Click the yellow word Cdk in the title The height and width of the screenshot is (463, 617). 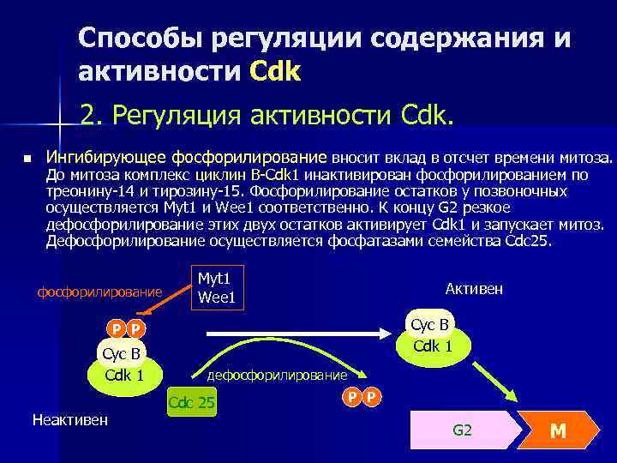(x=275, y=71)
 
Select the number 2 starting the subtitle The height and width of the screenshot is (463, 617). (x=87, y=114)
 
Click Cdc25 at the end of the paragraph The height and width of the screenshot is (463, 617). (x=531, y=241)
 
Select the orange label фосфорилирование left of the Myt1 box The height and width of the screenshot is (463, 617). (x=99, y=292)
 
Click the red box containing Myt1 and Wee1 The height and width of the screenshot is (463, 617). (x=217, y=287)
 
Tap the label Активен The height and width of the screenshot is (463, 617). (x=474, y=290)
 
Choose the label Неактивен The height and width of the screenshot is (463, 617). (x=69, y=419)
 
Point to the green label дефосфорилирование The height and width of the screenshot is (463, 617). (x=279, y=376)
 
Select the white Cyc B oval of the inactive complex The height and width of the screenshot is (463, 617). (x=121, y=353)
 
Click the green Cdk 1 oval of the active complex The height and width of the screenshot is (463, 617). (x=433, y=349)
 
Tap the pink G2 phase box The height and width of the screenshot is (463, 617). (x=463, y=430)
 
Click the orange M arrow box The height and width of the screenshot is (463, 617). (x=560, y=430)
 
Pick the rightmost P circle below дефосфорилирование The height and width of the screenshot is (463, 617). (x=371, y=396)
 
